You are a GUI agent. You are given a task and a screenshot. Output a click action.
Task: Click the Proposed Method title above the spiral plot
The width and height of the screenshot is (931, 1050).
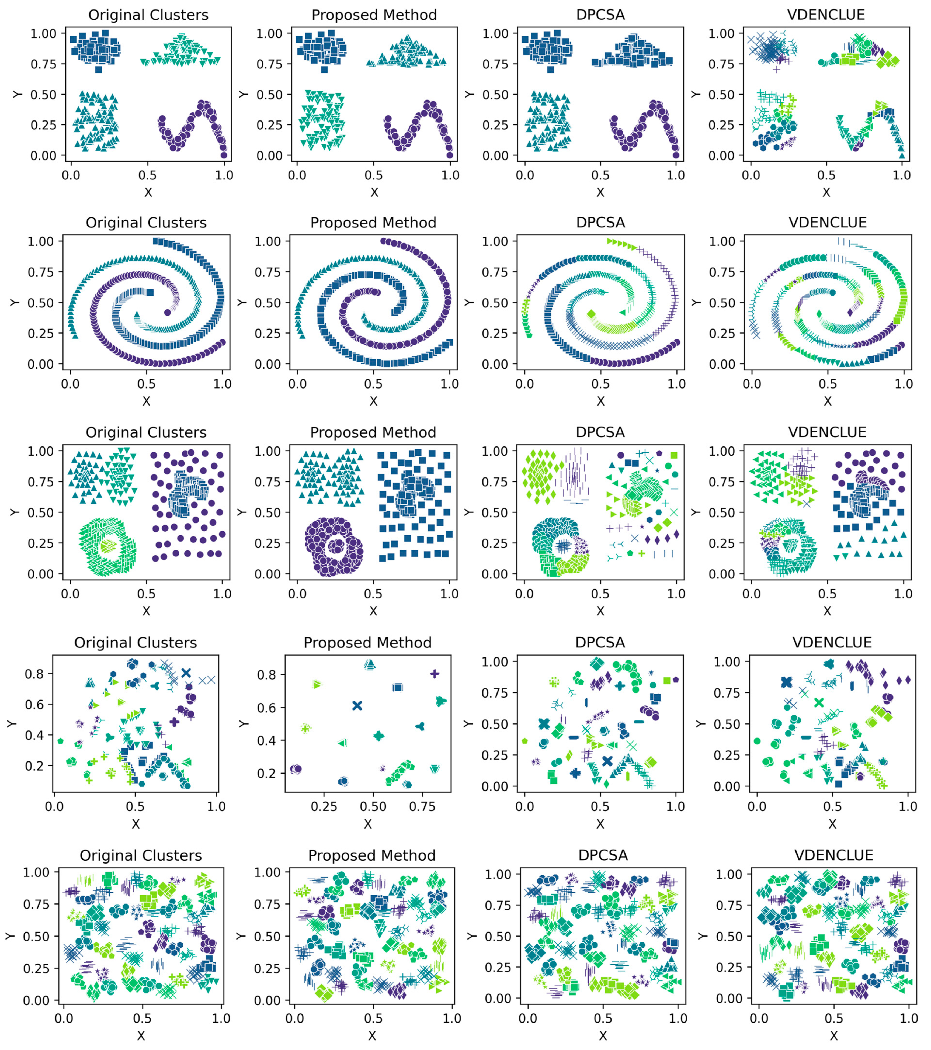(373, 223)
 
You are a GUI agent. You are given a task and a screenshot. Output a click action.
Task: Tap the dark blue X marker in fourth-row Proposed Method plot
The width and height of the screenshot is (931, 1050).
(357, 706)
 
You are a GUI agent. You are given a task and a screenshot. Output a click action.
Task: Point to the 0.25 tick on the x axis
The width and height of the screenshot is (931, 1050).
(324, 806)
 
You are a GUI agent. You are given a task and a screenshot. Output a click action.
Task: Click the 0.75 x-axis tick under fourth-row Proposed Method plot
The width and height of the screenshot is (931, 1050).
(422, 806)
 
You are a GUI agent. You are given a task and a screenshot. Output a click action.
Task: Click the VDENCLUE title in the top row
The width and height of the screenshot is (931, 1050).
(826, 14)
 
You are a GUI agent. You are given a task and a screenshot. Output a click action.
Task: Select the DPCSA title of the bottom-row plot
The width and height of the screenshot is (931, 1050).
(603, 855)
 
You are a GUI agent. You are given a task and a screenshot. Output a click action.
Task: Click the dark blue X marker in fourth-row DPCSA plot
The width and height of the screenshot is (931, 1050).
(607, 761)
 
